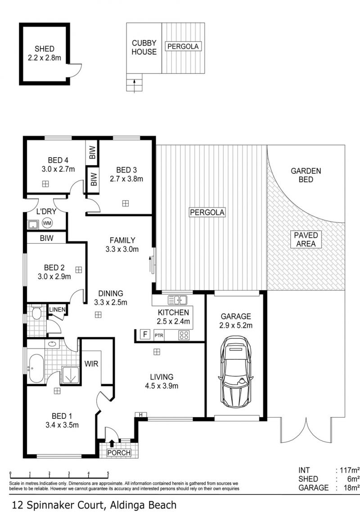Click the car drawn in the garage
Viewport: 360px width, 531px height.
click(236, 372)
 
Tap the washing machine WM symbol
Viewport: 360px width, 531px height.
click(47, 223)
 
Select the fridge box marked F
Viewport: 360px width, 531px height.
click(145, 335)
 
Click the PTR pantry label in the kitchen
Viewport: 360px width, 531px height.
click(159, 335)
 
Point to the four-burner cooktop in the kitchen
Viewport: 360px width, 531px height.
click(184, 335)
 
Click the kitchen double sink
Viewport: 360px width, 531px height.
click(178, 300)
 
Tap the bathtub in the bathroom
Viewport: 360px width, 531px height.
click(36, 368)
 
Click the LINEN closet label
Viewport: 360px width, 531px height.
click(57, 309)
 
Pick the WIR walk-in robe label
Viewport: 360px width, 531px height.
click(91, 364)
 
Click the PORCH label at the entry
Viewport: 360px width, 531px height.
click(119, 453)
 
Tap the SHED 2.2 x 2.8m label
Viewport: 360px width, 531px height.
click(44, 53)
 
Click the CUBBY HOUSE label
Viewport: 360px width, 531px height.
click(144, 47)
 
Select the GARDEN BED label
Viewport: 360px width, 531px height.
click(306, 175)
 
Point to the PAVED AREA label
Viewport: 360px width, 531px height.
click(306, 240)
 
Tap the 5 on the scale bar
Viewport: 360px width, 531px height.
click(108, 473)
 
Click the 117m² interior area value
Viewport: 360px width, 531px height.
click(350, 470)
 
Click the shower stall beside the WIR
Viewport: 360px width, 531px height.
click(71, 375)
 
